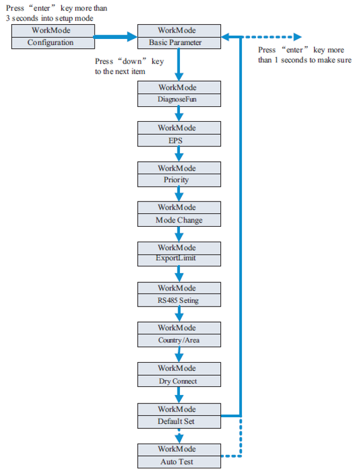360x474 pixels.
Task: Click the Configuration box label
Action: click(51, 43)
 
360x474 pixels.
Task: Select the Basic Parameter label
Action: click(175, 43)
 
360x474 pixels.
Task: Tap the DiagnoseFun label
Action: click(177, 99)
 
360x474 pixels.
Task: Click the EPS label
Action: click(176, 140)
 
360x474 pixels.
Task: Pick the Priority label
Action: click(176, 180)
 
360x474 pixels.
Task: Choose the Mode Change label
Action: click(179, 221)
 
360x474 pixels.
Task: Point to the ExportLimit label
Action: click(176, 258)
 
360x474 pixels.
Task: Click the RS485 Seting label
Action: click(178, 300)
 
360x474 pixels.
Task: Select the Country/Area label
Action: click(179, 341)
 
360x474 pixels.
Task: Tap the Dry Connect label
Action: click(178, 381)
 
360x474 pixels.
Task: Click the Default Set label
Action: click(176, 421)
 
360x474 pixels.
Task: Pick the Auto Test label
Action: click(177, 462)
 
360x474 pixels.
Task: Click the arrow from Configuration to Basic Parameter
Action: click(115, 37)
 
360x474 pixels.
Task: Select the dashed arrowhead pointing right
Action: click(297, 37)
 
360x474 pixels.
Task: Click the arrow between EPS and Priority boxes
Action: click(179, 154)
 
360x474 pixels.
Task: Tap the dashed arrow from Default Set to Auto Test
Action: click(179, 436)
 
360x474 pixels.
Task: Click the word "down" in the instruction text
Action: click(132, 61)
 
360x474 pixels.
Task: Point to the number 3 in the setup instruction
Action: click(8, 19)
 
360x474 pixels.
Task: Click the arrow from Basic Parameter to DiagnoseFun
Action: click(179, 65)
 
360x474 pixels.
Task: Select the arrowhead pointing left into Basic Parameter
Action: click(226, 37)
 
